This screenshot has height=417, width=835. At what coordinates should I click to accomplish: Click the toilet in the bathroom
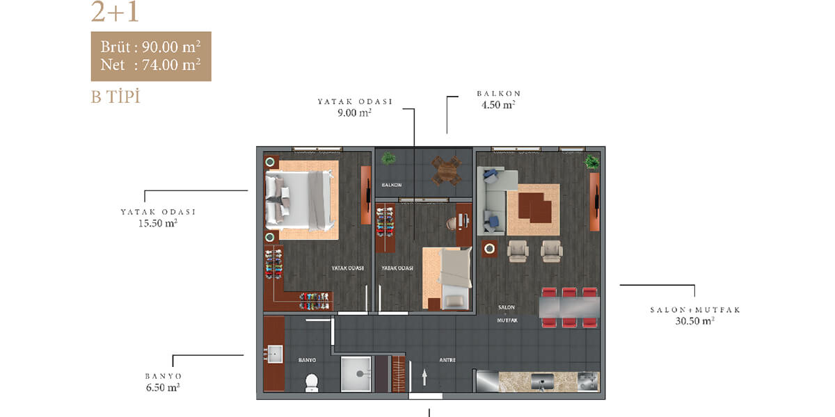tap(312, 383)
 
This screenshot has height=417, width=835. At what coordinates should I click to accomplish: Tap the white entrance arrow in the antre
tap(424, 377)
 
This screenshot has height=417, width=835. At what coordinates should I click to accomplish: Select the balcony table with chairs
tap(446, 171)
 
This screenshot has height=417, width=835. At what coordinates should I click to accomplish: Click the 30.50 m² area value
tap(694, 320)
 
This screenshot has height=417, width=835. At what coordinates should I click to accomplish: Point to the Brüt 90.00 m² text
tap(150, 47)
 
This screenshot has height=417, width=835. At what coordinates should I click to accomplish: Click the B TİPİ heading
tap(116, 97)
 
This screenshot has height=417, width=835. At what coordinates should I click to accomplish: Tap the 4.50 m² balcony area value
tap(498, 105)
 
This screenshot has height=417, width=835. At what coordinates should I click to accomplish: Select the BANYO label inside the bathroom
tap(307, 360)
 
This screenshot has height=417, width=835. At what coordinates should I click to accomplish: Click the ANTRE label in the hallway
tap(447, 360)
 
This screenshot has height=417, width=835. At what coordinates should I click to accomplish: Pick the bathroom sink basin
tap(275, 354)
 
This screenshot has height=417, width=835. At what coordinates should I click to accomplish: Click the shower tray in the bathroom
tap(356, 374)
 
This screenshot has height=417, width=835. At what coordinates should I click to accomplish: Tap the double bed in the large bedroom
tap(299, 200)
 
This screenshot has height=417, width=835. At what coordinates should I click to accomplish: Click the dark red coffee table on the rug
tap(534, 208)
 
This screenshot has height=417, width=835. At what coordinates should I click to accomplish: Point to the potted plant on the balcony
tap(388, 158)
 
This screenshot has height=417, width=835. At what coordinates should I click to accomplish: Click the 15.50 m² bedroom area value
tap(158, 223)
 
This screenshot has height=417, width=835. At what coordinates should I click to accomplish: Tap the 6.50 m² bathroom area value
tap(163, 387)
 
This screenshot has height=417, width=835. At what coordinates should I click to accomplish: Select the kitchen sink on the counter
tap(542, 382)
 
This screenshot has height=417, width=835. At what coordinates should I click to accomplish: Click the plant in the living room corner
tap(592, 162)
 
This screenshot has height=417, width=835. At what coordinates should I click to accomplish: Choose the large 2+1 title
tap(115, 12)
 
